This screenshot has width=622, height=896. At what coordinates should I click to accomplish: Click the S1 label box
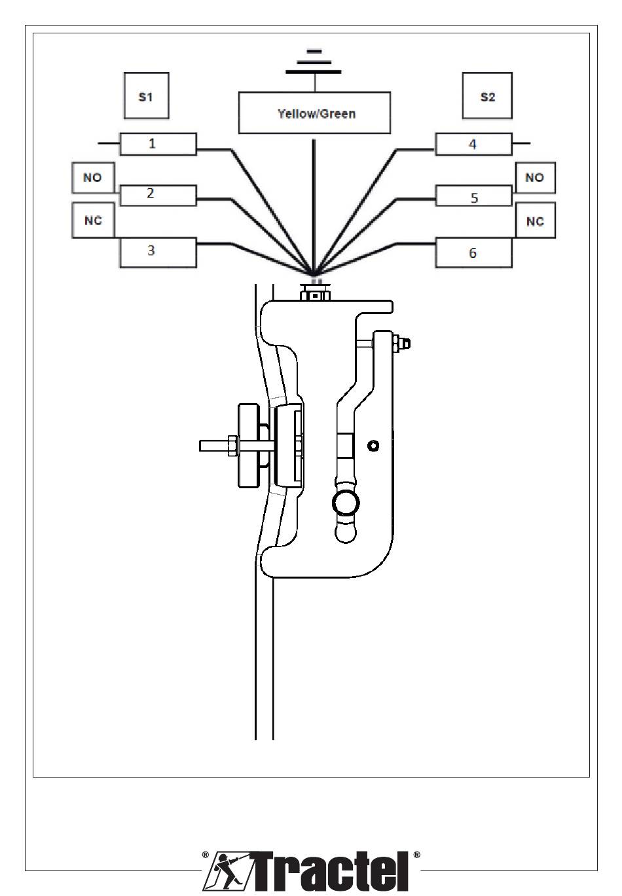click(x=146, y=96)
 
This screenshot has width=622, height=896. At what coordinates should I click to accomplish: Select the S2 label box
click(x=487, y=96)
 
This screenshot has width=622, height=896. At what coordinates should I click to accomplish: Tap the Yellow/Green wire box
click(x=314, y=113)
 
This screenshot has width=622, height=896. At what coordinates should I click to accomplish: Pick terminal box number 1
click(x=157, y=143)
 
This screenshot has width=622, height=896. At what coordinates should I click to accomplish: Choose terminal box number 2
click(x=157, y=194)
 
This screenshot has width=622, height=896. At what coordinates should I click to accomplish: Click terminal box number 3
click(x=157, y=252)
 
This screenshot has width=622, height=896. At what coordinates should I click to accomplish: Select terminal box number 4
click(x=473, y=144)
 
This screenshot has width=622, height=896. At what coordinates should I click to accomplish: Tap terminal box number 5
click(x=473, y=196)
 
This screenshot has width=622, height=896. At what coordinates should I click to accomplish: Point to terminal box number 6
click(x=473, y=253)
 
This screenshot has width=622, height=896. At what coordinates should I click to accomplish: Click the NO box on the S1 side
click(x=92, y=177)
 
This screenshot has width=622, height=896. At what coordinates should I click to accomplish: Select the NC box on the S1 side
click(x=93, y=220)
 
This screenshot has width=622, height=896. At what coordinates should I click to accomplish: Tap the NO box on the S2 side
click(x=535, y=177)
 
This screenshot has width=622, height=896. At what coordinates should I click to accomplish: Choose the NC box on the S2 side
click(x=535, y=221)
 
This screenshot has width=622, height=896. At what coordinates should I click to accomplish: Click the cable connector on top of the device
click(x=316, y=293)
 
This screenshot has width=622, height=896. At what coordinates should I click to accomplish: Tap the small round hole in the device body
click(x=373, y=446)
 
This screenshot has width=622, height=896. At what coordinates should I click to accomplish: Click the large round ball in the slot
click(x=346, y=503)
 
